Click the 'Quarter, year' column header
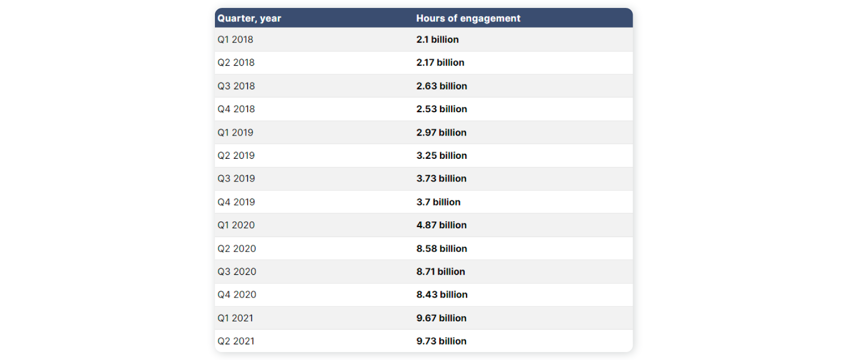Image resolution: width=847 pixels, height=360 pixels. click(249, 19)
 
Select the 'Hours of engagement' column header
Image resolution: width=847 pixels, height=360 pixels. click(468, 19)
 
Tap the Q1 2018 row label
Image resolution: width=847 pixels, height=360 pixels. click(235, 40)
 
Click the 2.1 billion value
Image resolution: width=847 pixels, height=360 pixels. click(437, 40)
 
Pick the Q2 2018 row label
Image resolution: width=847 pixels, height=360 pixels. click(236, 62)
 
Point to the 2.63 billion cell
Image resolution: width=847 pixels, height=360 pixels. click(441, 86)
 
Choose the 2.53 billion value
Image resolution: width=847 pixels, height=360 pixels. click(441, 109)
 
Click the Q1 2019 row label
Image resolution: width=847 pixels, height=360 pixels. click(235, 132)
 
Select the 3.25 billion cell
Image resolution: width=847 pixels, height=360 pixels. click(441, 156)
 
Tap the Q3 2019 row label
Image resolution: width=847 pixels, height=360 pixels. click(236, 178)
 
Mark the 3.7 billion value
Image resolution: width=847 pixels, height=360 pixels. click(438, 202)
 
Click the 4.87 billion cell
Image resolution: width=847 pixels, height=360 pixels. click(441, 225)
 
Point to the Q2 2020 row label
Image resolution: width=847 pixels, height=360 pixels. click(237, 248)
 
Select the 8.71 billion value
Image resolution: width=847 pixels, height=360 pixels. click(440, 272)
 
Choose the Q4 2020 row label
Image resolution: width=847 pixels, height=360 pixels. click(237, 294)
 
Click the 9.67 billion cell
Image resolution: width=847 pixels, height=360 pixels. click(441, 318)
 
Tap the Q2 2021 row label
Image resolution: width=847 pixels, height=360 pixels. click(236, 341)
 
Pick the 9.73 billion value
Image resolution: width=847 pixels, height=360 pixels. click(441, 341)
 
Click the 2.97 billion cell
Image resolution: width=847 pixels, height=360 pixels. click(441, 132)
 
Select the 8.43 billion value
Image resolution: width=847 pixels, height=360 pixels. click(442, 294)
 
